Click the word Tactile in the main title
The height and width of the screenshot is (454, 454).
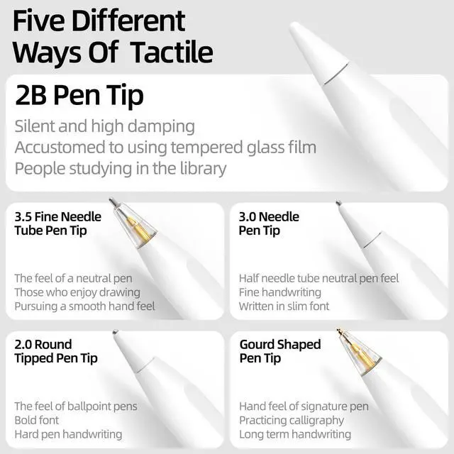(x=172, y=52)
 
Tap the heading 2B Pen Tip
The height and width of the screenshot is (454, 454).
(x=79, y=96)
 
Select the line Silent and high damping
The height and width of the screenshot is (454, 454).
(x=104, y=126)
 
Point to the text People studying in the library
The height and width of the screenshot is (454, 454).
(x=121, y=169)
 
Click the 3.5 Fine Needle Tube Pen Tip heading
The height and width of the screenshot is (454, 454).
(x=58, y=223)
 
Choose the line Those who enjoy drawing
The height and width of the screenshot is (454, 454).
(x=77, y=292)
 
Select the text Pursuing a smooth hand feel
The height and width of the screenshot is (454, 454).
(x=85, y=306)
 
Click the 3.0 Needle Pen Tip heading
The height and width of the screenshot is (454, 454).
(x=269, y=223)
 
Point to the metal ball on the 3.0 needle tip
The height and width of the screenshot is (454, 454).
(x=338, y=202)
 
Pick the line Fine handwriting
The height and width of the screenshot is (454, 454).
(x=280, y=292)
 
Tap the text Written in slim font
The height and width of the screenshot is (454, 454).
(x=284, y=306)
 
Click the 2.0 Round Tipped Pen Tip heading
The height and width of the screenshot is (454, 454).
(x=56, y=351)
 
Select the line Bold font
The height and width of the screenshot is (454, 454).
(x=37, y=420)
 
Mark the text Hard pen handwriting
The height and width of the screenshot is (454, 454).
(x=68, y=434)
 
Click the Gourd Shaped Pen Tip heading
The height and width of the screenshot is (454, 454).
(x=280, y=351)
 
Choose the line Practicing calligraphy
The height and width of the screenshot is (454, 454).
(x=292, y=421)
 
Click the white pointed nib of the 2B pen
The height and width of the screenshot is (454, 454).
(x=318, y=52)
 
